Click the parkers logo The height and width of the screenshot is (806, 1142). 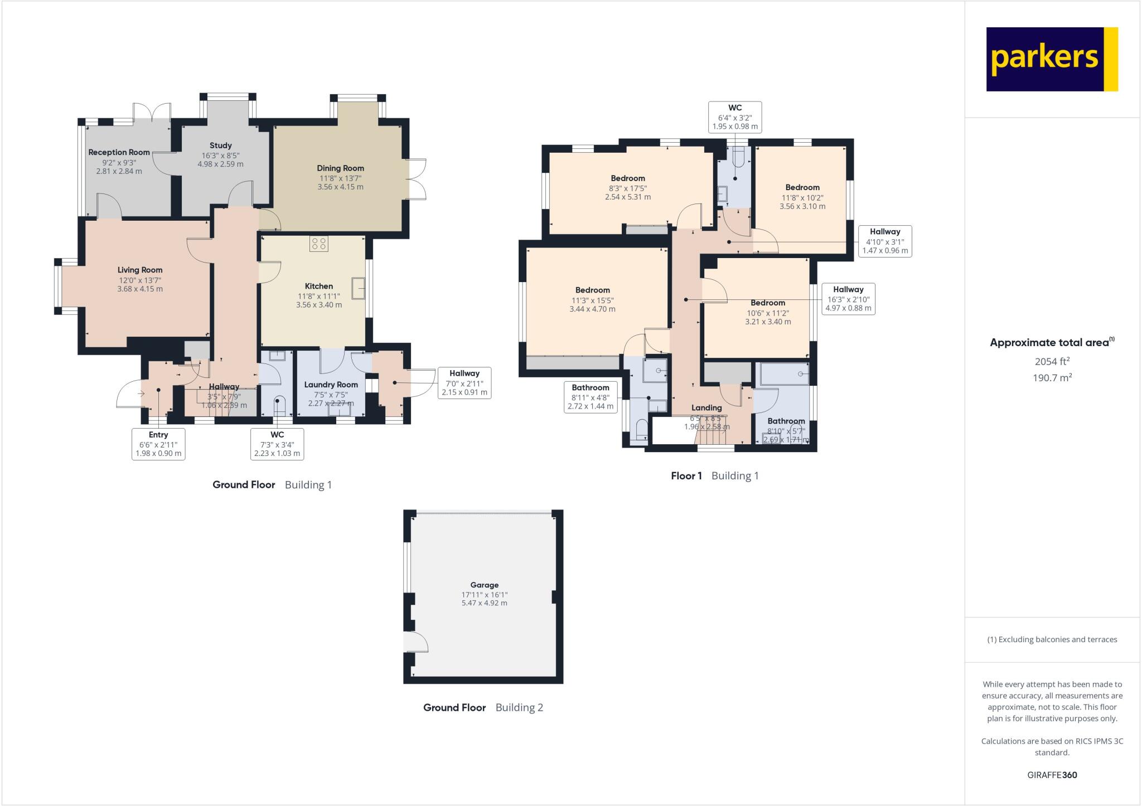(1052, 59)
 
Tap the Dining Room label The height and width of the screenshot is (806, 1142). (340, 168)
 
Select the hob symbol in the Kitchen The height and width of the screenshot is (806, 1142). (320, 244)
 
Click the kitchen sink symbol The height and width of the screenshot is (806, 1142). (357, 288)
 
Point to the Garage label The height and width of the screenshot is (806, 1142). (484, 585)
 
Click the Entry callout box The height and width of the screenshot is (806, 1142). (158, 444)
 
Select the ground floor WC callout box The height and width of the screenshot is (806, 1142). (277, 444)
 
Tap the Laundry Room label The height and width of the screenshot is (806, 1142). (331, 385)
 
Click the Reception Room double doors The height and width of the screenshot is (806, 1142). (152, 111)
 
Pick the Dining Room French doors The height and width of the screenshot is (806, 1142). (417, 179)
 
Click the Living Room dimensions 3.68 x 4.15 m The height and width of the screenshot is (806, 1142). (140, 289)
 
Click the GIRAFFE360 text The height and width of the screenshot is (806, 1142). (1052, 775)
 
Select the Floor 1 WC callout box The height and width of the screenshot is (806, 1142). (735, 117)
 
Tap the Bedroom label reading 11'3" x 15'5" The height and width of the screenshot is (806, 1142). (592, 290)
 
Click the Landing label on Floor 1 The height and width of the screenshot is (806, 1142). (707, 408)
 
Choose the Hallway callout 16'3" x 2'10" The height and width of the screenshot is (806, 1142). (848, 299)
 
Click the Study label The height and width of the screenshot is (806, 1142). (221, 145)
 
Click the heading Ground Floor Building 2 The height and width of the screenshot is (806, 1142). (483, 708)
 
